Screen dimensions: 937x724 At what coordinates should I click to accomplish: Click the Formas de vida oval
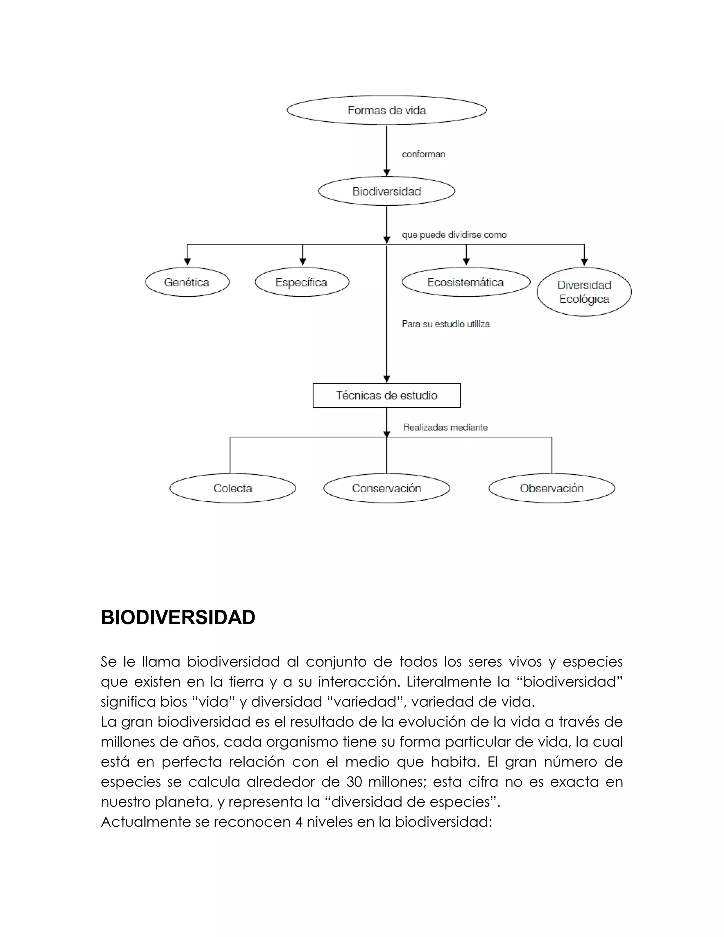click(386, 110)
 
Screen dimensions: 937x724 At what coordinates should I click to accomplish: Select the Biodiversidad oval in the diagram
click(386, 191)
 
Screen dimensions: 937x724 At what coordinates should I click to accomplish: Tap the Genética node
click(187, 282)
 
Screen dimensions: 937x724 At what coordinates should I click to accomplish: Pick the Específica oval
click(302, 282)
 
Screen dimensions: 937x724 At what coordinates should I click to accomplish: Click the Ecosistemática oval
click(466, 282)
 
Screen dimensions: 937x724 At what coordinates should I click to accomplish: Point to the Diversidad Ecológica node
click(584, 292)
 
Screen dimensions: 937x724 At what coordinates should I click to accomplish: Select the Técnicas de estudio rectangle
click(386, 395)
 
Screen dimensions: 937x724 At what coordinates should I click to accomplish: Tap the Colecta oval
click(233, 488)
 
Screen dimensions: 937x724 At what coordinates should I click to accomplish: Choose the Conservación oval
click(386, 488)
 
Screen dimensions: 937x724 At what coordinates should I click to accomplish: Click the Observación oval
click(551, 488)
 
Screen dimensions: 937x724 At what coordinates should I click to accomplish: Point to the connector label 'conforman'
click(423, 155)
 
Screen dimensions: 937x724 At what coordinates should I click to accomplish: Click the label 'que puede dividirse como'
click(454, 235)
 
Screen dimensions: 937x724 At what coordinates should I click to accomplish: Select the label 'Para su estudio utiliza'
click(446, 324)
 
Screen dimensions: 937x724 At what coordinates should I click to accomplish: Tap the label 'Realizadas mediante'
click(445, 427)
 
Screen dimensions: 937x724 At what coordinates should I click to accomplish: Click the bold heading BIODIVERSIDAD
click(178, 618)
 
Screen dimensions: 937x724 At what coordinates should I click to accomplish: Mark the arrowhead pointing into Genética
click(187, 261)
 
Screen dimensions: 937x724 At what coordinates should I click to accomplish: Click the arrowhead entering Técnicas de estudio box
click(386, 379)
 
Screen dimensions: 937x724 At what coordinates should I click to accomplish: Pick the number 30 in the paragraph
click(354, 782)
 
